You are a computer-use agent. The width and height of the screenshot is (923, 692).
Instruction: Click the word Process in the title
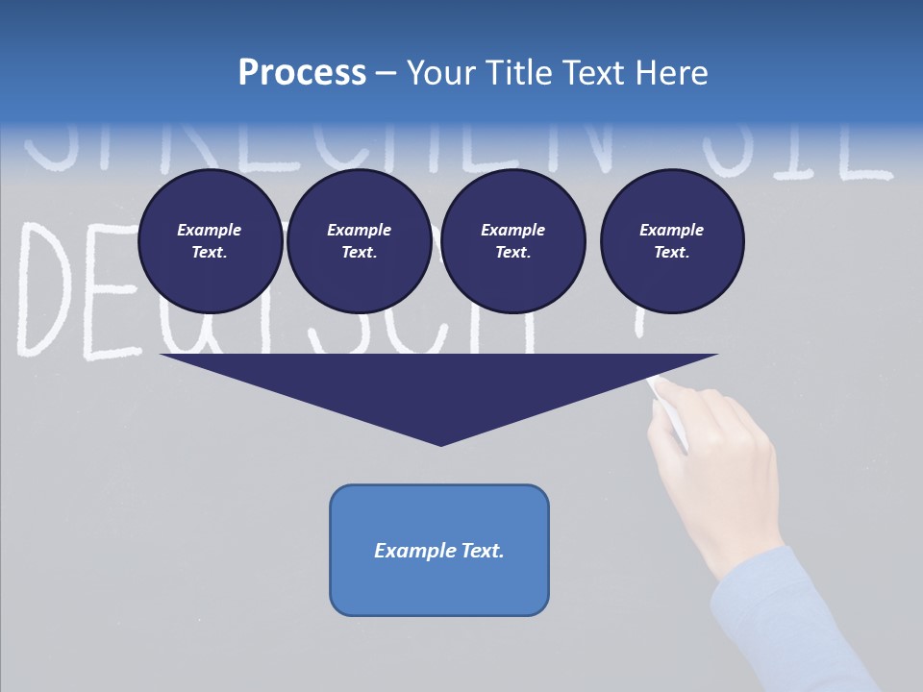pos(302,73)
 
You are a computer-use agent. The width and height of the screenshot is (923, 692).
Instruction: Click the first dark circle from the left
pos(210,241)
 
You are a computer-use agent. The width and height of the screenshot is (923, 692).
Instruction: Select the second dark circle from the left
pos(359,241)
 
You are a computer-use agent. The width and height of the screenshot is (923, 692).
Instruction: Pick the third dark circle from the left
pos(512,241)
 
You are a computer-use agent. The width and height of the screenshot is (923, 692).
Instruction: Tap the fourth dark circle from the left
pos(671,241)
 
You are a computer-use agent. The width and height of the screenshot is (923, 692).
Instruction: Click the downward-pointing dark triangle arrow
pos(439,389)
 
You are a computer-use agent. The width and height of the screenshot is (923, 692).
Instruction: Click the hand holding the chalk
pos(716,471)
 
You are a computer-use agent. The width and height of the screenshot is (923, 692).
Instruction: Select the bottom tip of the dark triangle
pos(440,443)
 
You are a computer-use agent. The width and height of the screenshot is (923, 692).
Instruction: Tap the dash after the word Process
pos(387,73)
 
